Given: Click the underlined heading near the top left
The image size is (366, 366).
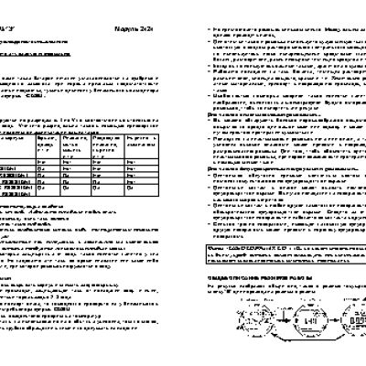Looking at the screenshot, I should coord(40,55).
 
